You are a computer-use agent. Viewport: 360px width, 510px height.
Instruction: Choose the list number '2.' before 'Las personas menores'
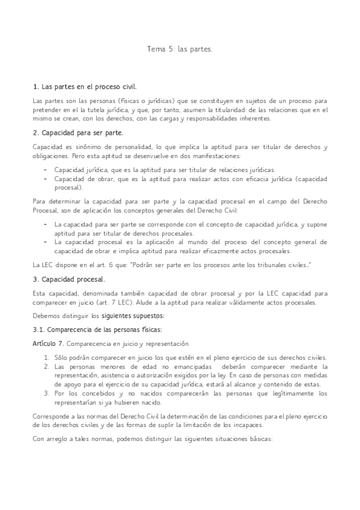coord(46,366)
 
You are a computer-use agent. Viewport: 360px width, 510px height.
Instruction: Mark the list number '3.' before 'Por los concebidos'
coord(46,393)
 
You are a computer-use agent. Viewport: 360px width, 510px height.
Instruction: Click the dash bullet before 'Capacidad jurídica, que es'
coord(46,170)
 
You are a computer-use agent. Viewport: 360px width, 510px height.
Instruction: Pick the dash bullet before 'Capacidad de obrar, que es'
coord(46,179)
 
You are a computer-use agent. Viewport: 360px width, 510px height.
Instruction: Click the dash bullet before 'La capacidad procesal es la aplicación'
coord(46,241)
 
